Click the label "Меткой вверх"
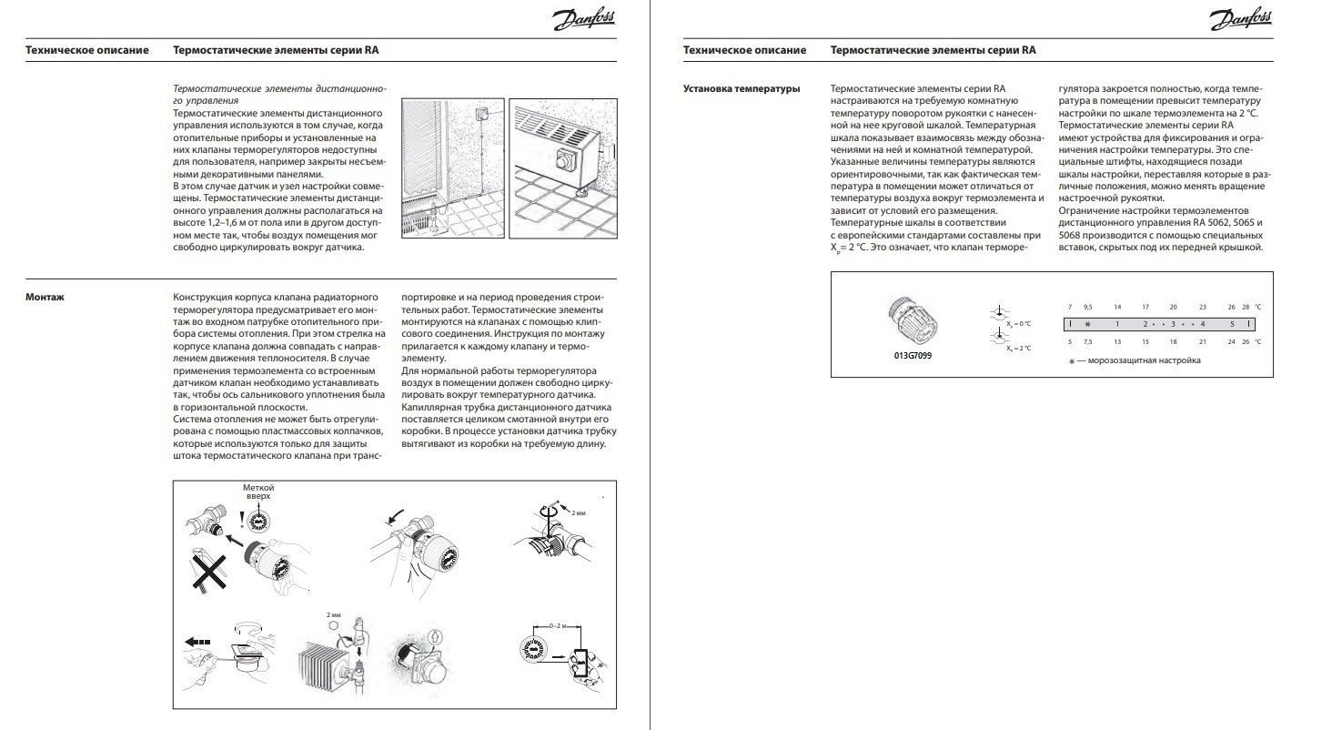tap(257, 493)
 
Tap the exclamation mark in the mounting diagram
tap(240, 520)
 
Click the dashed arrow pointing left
tap(198, 642)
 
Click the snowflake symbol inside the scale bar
tap(1086, 324)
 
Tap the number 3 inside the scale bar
tap(1174, 324)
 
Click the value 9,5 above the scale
tap(1087, 307)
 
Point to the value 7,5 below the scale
tap(1087, 341)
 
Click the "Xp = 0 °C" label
tap(1016, 323)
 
